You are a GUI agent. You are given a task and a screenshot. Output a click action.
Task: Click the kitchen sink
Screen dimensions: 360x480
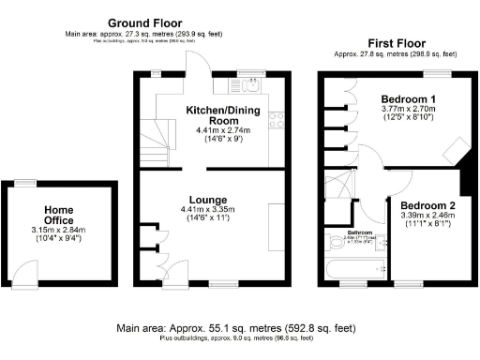[250, 86]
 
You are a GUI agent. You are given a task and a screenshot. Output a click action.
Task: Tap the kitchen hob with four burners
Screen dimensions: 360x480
[277, 119]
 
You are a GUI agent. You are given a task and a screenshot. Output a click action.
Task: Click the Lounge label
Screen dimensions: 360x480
[208, 199]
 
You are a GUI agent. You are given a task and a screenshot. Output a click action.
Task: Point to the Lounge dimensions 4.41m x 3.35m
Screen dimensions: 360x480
[208, 210]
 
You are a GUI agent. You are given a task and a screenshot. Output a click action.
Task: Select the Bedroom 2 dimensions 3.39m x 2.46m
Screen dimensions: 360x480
[427, 215]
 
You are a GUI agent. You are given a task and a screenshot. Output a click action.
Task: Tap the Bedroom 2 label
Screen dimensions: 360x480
[427, 204]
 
